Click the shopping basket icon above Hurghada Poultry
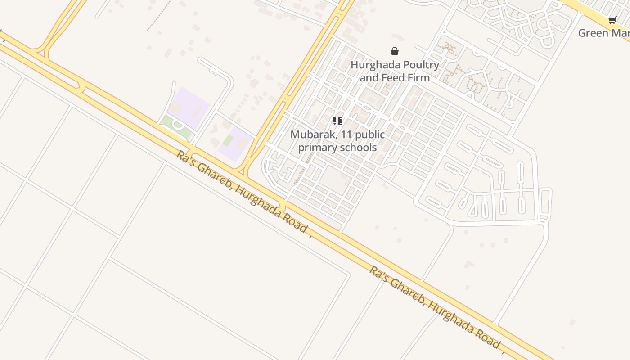click(395, 51)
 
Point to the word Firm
click(418, 77)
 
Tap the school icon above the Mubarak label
click(337, 121)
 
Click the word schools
click(358, 147)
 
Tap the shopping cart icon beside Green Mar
click(612, 20)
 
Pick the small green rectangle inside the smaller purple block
click(228, 140)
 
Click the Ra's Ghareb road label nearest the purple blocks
click(243, 191)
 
